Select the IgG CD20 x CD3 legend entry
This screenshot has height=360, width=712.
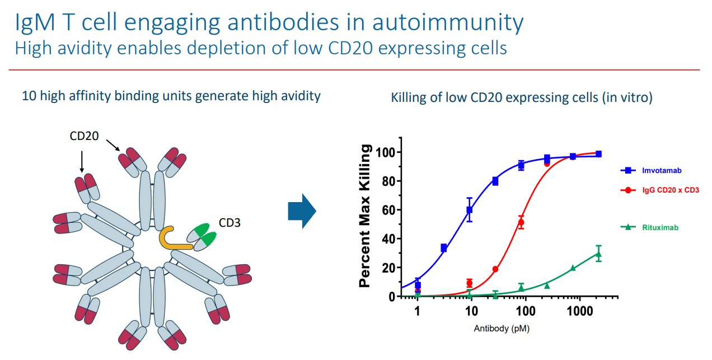point(660,190)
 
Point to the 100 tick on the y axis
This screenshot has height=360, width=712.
point(385,152)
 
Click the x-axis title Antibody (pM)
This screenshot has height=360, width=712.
point(502,329)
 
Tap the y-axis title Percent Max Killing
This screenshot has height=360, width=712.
point(365,216)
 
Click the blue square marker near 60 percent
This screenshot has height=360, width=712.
point(470,210)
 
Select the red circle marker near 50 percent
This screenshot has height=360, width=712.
point(521,222)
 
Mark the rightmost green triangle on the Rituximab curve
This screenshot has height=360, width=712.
point(598,254)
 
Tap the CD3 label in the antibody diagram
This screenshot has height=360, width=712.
point(230,223)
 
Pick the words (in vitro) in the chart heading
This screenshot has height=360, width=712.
point(627,97)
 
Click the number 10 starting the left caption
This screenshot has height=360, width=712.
point(27,96)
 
